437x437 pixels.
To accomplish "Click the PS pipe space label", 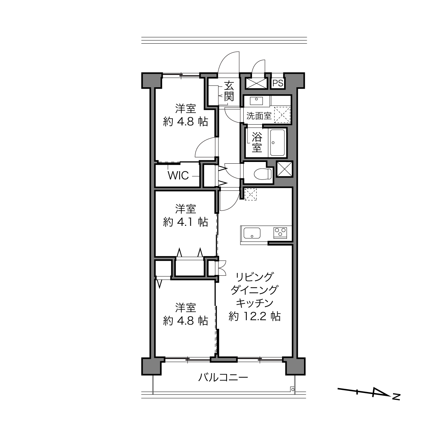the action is (x=278, y=83).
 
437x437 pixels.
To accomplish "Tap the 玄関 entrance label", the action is (x=229, y=91).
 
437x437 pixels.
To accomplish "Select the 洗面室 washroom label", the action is (x=259, y=116).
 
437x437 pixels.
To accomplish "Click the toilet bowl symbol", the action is (x=263, y=174).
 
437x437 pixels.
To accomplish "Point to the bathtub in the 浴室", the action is (x=277, y=142).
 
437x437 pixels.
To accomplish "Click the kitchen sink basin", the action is (x=252, y=233).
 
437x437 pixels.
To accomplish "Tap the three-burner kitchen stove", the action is (x=280, y=233).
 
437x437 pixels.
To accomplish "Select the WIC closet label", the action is (x=178, y=175).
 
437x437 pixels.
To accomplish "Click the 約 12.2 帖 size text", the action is (x=255, y=316).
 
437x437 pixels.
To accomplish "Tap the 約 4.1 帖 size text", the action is (x=185, y=222).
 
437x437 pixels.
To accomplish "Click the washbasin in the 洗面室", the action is (x=256, y=100).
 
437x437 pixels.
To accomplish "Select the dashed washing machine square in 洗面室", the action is (x=282, y=114).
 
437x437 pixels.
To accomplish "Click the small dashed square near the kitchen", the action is (x=251, y=194).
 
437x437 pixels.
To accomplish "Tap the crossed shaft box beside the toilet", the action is (x=284, y=169).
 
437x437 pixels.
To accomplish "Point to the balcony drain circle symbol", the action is (x=293, y=390).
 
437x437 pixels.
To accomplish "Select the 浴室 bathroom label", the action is (x=257, y=142).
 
